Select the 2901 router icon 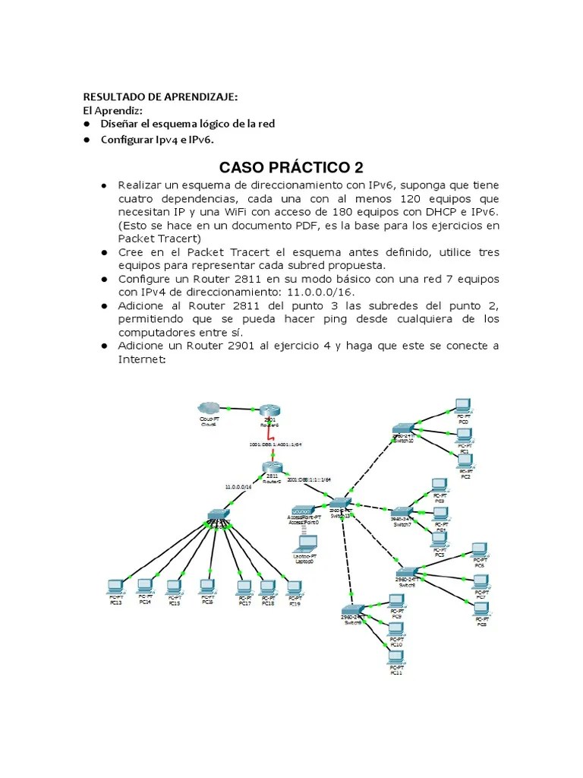(269, 410)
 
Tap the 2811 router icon (271, 469)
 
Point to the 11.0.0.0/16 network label (238, 486)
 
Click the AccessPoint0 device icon (304, 510)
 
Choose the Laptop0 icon (307, 543)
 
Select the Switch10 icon (404, 429)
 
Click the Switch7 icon (402, 512)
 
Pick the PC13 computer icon (115, 585)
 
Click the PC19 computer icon (293, 587)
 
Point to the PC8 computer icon (481, 609)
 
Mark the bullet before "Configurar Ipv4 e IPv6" (87, 140)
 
